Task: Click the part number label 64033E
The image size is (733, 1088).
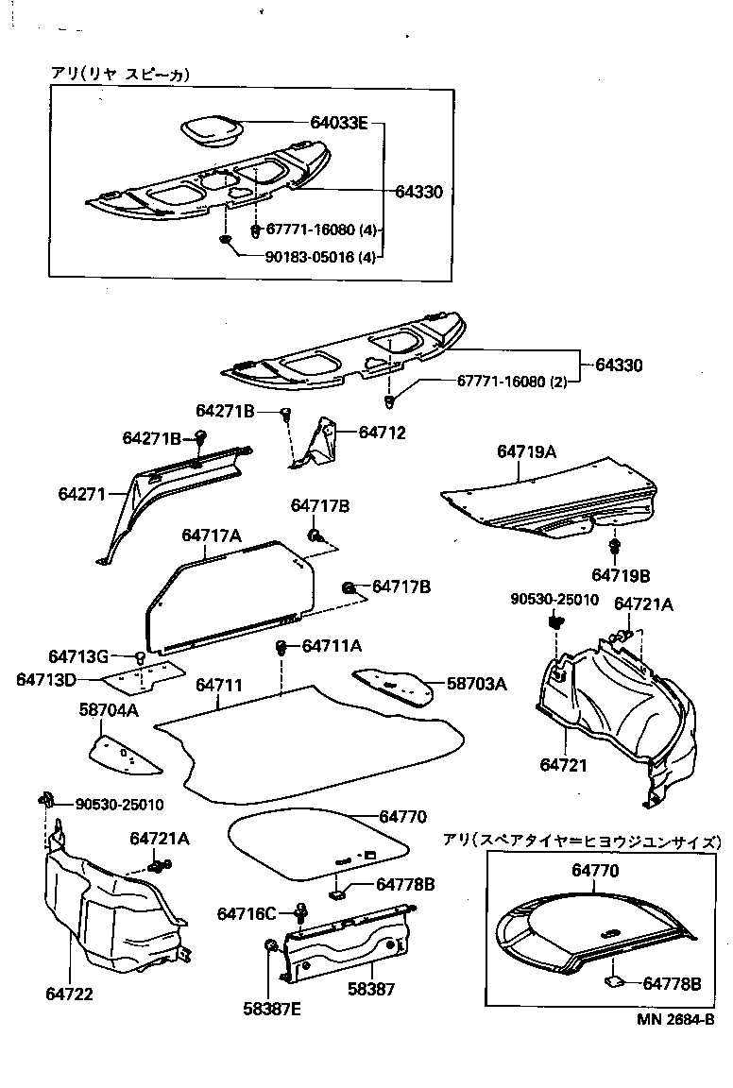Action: click(x=339, y=123)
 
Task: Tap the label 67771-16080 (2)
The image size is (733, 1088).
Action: click(x=512, y=382)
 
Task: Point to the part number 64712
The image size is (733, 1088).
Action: click(x=382, y=433)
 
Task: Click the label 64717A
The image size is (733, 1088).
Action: click(x=212, y=535)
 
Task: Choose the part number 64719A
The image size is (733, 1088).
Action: click(x=526, y=452)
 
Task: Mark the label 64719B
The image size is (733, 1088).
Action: click(x=621, y=574)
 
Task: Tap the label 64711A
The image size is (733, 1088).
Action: click(x=332, y=646)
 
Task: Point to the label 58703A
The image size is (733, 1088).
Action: click(x=476, y=684)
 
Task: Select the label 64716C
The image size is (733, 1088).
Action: click(x=246, y=913)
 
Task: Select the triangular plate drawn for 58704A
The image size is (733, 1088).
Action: click(x=123, y=753)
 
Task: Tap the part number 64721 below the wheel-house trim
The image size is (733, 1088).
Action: click(x=564, y=764)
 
